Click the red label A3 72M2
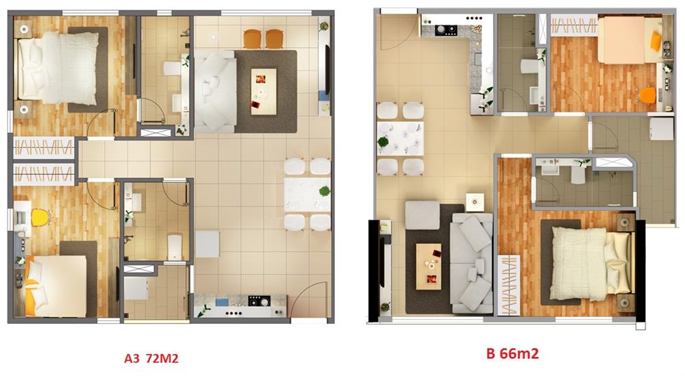click(x=151, y=358)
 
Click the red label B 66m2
click(x=512, y=353)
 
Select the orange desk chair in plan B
click(x=648, y=95)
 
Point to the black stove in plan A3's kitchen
click(x=259, y=301)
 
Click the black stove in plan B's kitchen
click(x=446, y=30)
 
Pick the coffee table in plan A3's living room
click(x=264, y=92)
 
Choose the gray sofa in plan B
click(x=472, y=263)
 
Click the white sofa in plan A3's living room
click(x=215, y=92)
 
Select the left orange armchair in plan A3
click(x=252, y=38)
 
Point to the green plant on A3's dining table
click(x=324, y=191)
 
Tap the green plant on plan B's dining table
click(x=383, y=142)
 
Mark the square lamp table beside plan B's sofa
click(x=475, y=202)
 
